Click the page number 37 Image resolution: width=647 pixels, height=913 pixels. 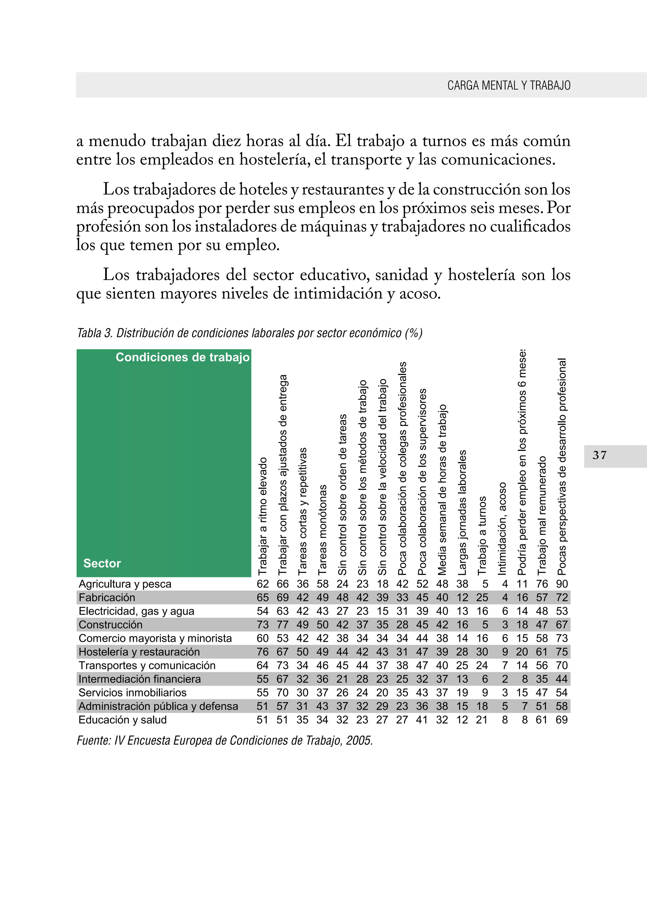(599, 455)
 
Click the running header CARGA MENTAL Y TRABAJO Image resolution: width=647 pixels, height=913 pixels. (509, 85)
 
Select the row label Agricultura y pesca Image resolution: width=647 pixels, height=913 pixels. (125, 584)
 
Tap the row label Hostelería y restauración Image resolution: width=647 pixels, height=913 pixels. (139, 652)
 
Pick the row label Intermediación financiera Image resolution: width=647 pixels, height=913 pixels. (139, 679)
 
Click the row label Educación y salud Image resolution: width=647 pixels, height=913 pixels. (122, 720)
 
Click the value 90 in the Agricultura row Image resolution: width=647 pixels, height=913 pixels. (562, 584)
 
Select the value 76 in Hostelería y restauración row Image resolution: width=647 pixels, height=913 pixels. (263, 652)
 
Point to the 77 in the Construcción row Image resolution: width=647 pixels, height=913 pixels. (282, 625)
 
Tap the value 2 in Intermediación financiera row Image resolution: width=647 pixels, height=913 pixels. (505, 679)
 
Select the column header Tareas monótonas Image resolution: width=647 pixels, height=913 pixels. (323, 529)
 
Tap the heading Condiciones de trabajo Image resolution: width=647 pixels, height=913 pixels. (183, 357)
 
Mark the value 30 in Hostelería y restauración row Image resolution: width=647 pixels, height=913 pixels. (482, 652)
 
